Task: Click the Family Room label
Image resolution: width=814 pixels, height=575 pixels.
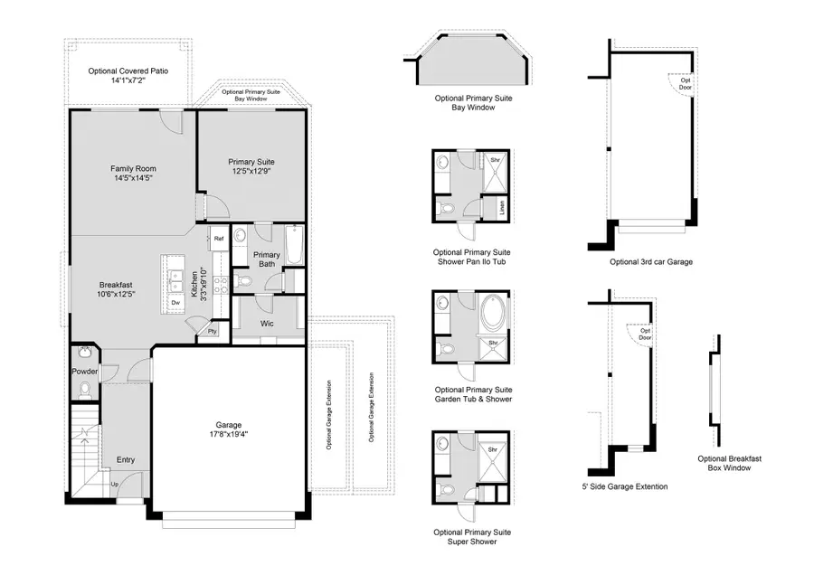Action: (x=132, y=173)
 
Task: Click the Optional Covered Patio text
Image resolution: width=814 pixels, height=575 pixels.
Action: (x=128, y=75)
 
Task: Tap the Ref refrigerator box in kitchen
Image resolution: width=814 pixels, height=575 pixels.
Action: (x=219, y=239)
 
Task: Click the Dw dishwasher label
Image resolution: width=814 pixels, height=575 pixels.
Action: (x=175, y=303)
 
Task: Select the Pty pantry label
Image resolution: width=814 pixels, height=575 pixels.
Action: (x=212, y=332)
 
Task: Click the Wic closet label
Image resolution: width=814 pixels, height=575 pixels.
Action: (x=269, y=322)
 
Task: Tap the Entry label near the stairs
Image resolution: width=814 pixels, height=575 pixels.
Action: (x=125, y=460)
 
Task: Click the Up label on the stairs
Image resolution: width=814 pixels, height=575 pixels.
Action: (x=113, y=485)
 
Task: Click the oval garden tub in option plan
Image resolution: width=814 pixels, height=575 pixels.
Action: (x=494, y=315)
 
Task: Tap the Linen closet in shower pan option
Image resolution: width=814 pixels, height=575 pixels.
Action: (x=502, y=209)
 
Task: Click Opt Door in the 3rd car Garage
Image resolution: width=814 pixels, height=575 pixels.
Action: (x=686, y=83)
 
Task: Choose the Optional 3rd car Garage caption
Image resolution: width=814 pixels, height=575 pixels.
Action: (x=650, y=262)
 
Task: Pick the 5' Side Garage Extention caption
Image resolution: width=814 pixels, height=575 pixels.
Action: (x=625, y=486)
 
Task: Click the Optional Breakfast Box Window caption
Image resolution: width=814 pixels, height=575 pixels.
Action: (x=730, y=464)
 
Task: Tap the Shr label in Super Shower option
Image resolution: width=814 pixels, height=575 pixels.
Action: (x=494, y=449)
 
